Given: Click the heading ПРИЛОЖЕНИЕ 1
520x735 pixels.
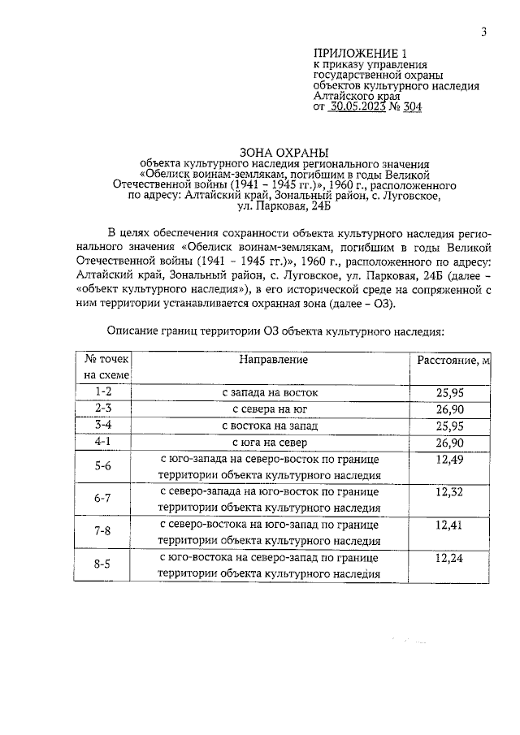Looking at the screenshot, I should (x=354, y=54).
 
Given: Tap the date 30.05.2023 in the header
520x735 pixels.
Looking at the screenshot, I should (x=360, y=106).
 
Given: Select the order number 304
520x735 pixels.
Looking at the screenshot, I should (x=411, y=106).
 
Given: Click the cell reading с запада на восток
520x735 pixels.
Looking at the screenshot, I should (x=270, y=392).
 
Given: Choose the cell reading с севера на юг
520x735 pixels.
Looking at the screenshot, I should (x=270, y=409).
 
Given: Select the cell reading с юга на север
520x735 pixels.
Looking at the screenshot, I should (x=270, y=443).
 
